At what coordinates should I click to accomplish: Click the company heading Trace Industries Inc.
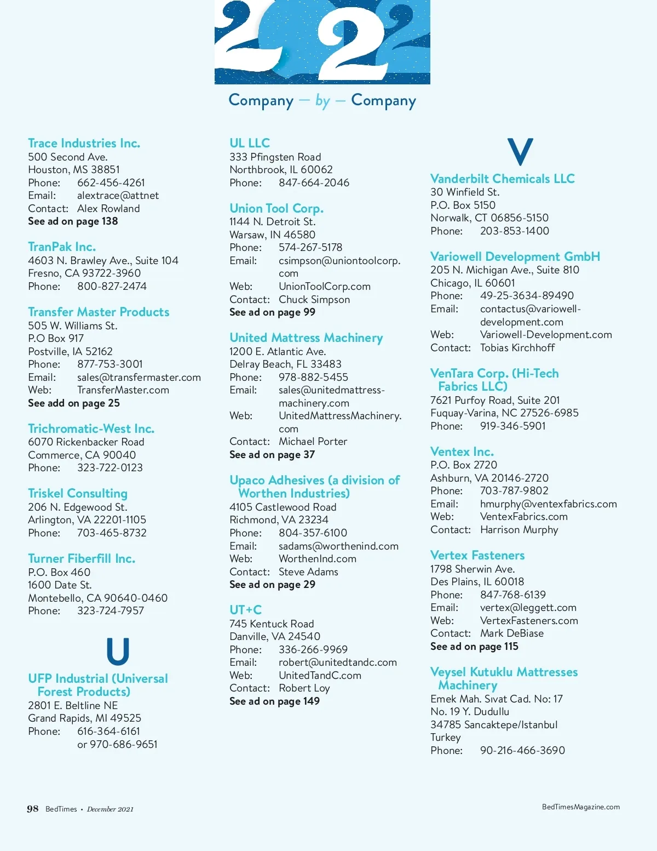(84, 144)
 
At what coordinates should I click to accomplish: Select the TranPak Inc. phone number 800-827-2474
(112, 286)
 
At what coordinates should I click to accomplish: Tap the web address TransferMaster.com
(123, 390)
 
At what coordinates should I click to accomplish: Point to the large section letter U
(118, 651)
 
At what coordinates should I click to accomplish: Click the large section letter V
(520, 152)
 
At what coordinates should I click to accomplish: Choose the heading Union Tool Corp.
(276, 208)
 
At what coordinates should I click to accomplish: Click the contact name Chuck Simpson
(314, 299)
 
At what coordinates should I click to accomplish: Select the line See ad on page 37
(272, 455)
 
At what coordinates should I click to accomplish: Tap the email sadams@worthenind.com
(338, 546)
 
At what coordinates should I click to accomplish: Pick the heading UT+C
(245, 610)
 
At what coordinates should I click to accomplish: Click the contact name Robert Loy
(304, 688)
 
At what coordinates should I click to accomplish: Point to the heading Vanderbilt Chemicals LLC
(502, 179)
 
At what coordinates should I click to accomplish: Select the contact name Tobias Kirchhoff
(517, 348)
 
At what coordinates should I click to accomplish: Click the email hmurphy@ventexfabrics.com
(548, 504)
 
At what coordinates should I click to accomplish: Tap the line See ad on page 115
(474, 647)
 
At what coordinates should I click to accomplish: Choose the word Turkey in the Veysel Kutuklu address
(446, 738)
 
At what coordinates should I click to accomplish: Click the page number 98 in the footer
(33, 809)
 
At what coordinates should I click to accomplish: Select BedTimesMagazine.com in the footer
(580, 807)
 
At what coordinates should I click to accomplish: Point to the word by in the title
(322, 101)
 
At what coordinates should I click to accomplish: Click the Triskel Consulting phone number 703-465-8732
(112, 533)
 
